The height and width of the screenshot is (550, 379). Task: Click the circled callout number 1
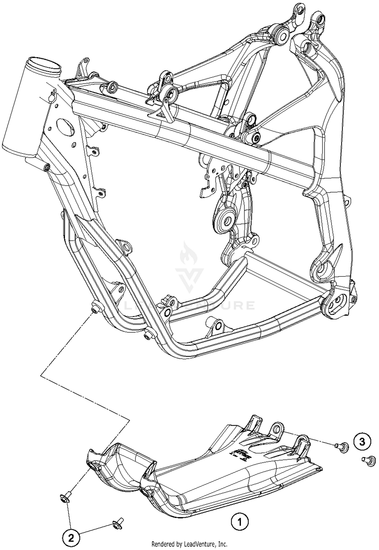click(240, 521)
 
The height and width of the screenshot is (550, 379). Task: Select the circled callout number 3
click(362, 442)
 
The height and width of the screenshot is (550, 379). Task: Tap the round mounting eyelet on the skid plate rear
click(277, 429)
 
